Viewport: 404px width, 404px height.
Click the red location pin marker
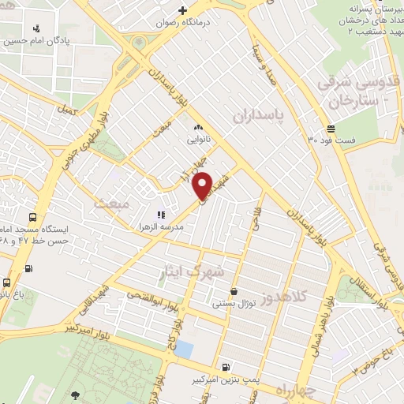pos(203,185)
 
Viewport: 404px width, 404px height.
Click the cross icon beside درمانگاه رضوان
pos(182,10)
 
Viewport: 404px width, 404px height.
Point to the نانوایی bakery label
pos(197,139)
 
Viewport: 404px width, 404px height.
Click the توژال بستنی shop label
pos(233,303)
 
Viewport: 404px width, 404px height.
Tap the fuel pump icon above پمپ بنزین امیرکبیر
pos(226,367)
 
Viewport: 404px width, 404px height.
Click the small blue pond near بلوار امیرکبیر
pos(183,348)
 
